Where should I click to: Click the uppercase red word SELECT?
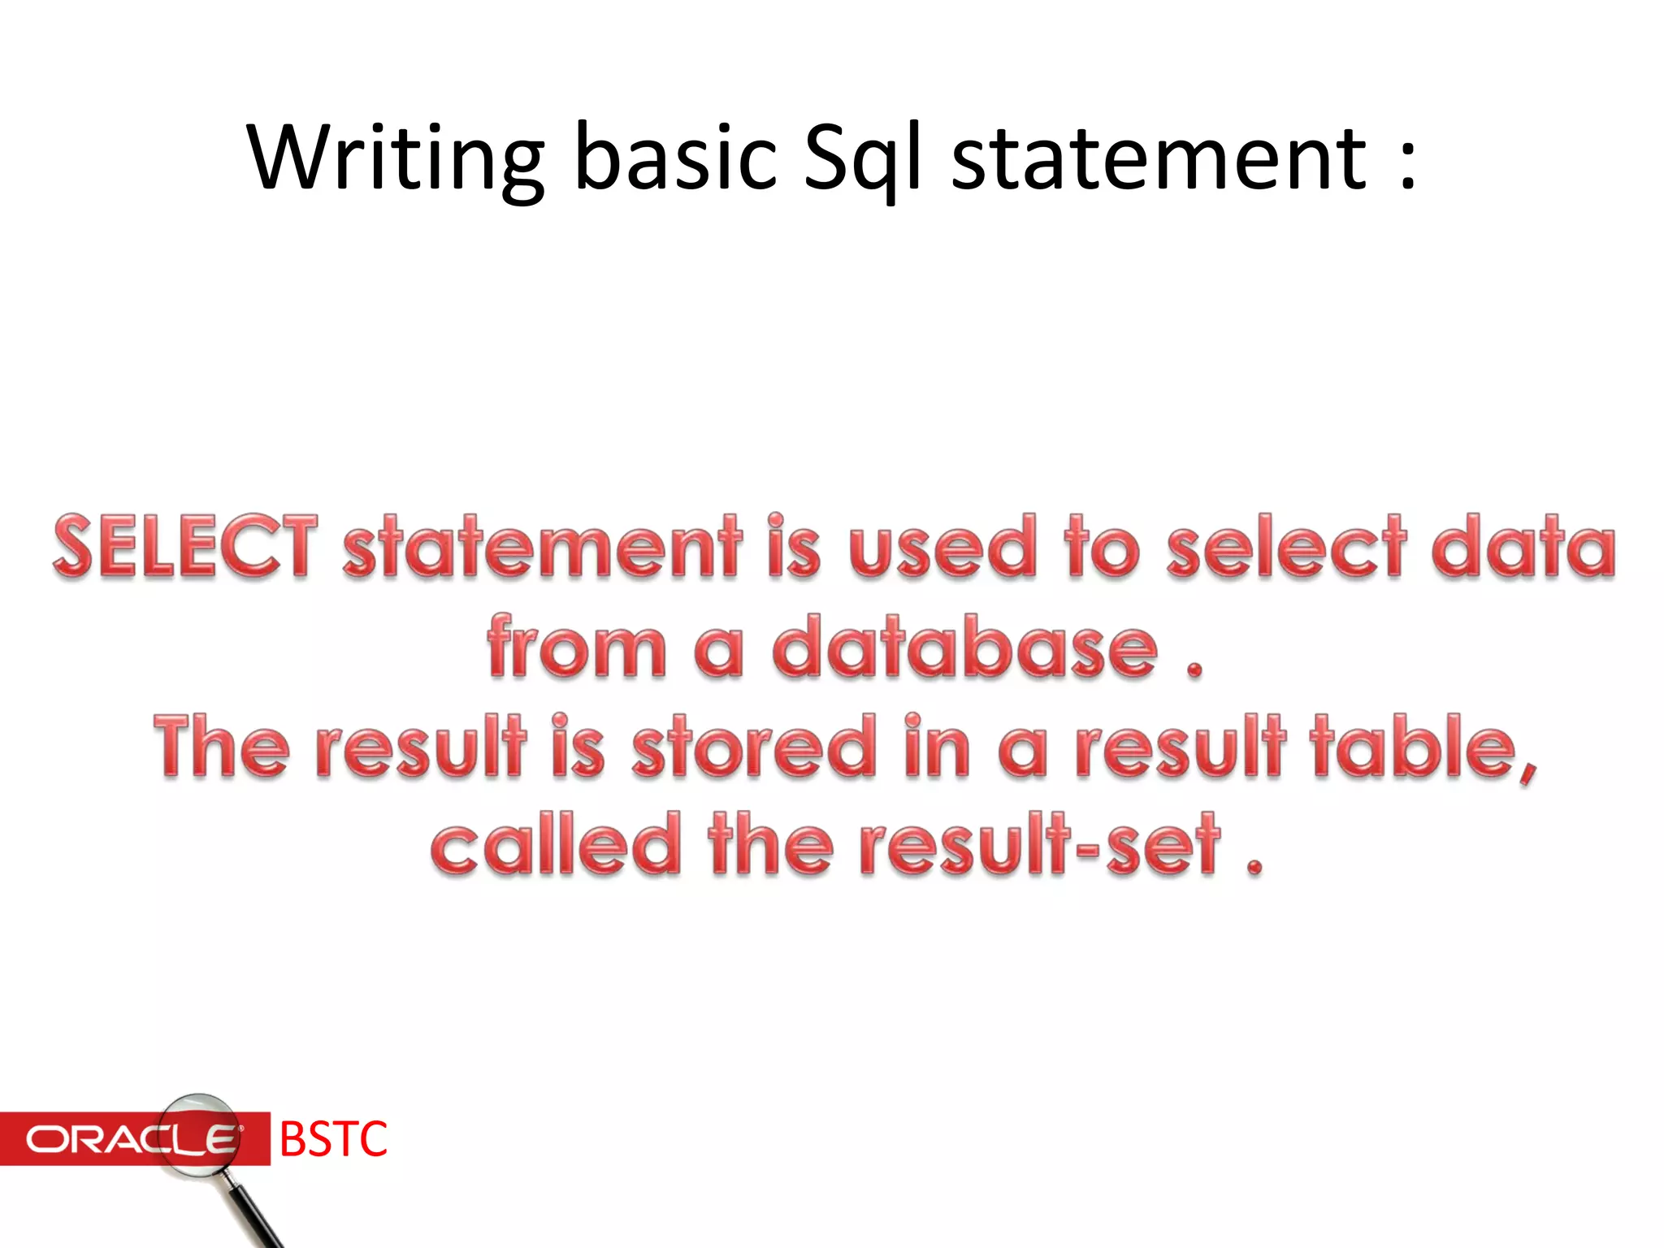click(184, 546)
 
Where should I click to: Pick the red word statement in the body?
click(542, 546)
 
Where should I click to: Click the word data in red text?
click(1523, 546)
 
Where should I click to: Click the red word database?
click(964, 647)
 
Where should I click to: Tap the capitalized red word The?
click(221, 746)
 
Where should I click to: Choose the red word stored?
click(753, 746)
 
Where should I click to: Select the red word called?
click(556, 845)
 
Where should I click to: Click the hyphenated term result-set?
click(1040, 845)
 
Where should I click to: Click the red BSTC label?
click(333, 1139)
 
